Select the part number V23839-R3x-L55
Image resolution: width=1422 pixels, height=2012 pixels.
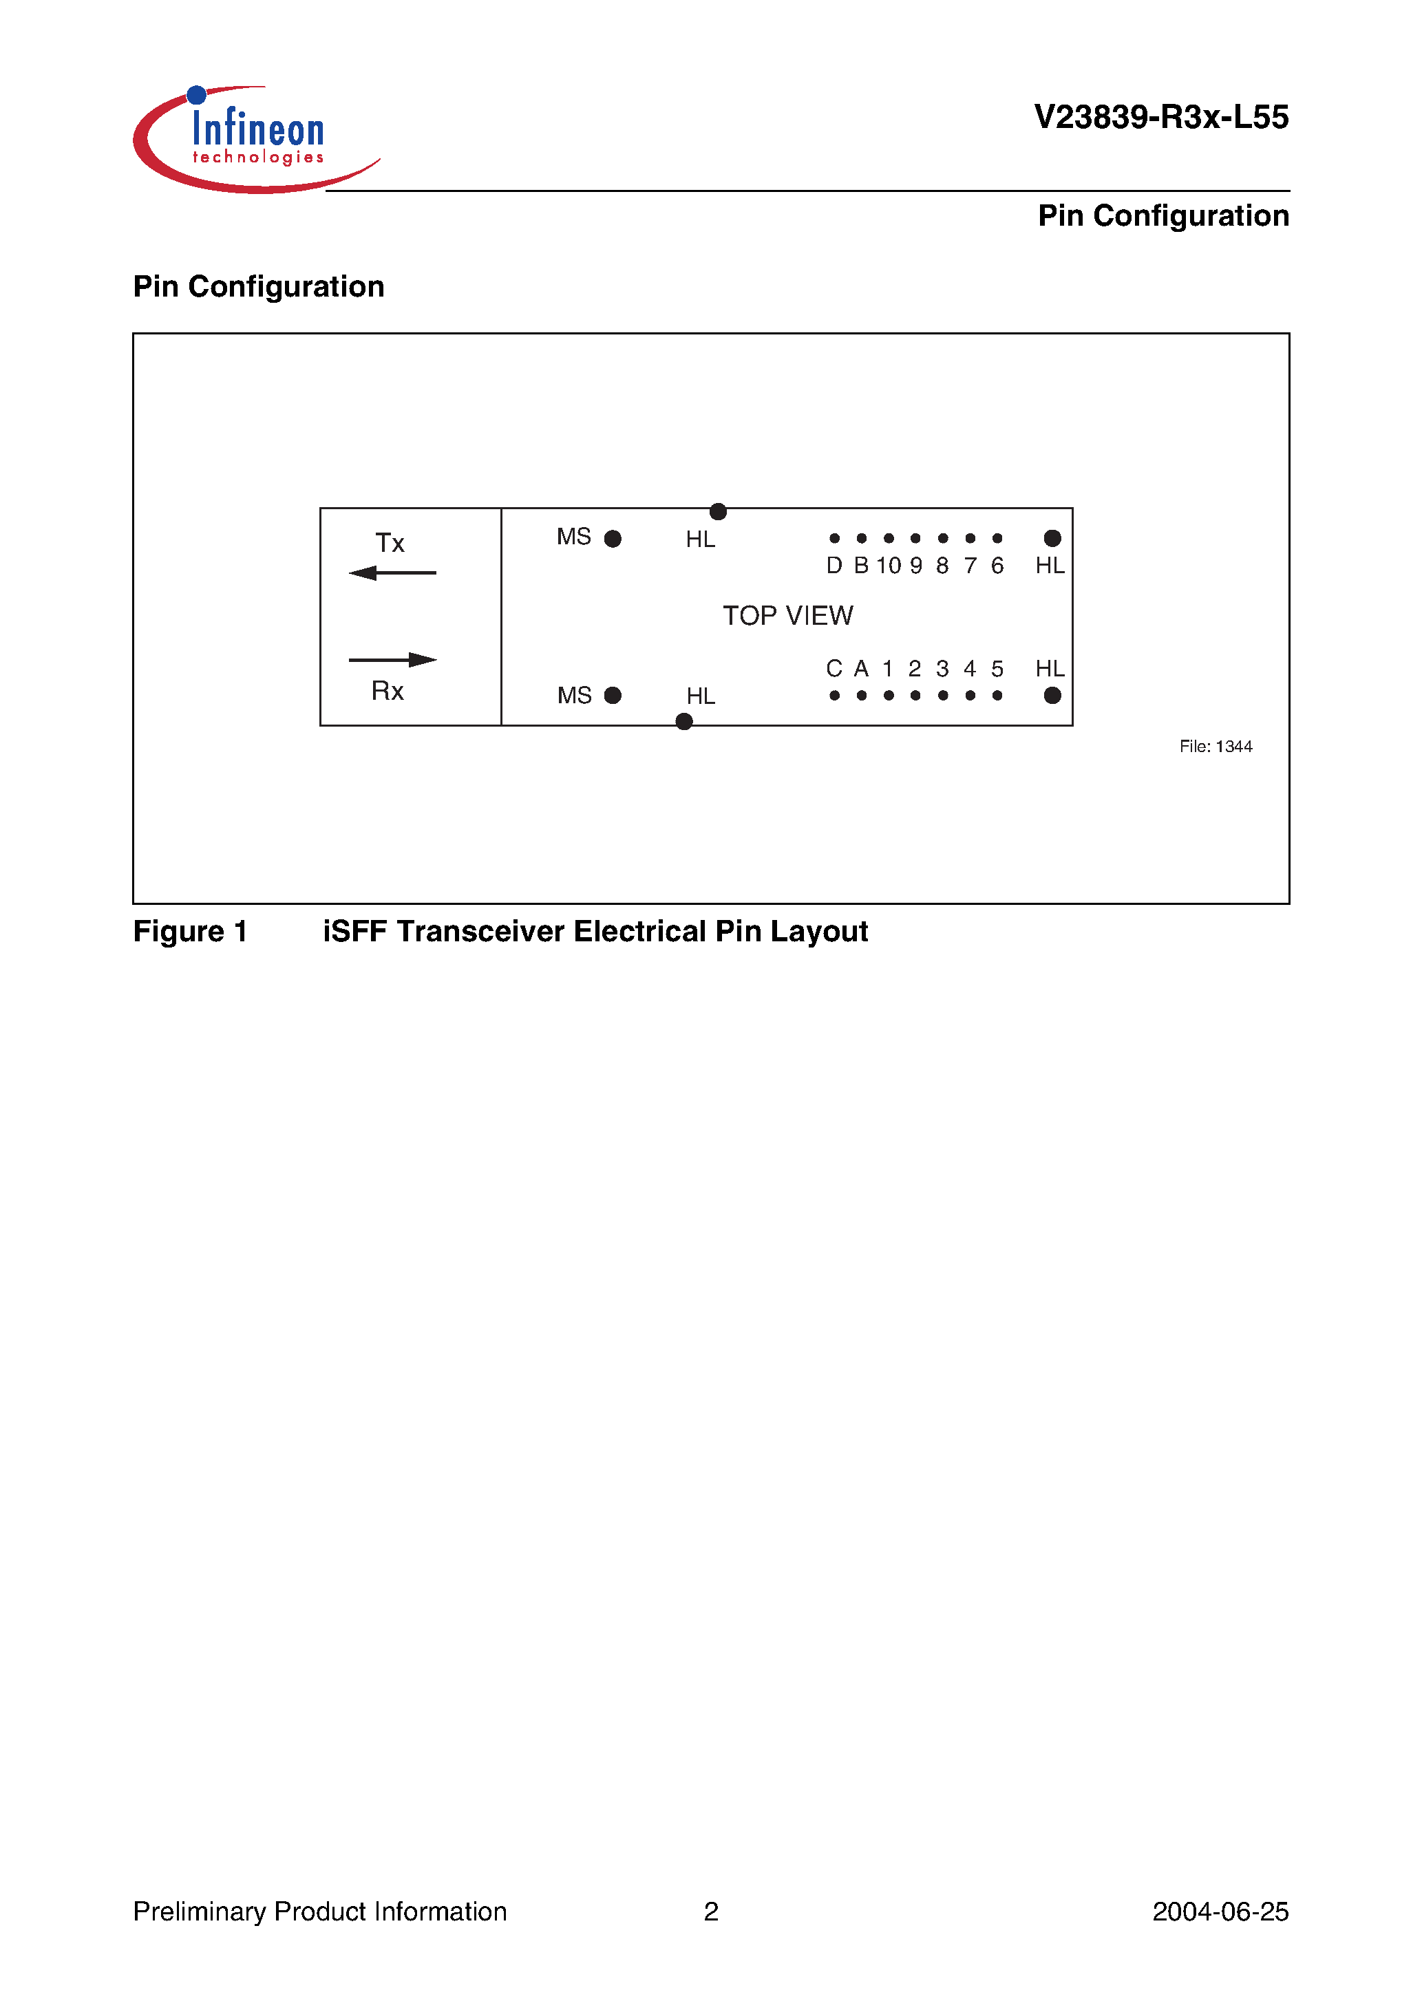pos(1160,118)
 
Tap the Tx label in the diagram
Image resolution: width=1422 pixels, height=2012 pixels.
pos(390,544)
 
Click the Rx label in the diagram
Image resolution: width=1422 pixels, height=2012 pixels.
pos(387,692)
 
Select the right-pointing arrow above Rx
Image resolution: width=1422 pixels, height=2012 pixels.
pos(393,660)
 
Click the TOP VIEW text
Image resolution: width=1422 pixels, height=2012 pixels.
pos(787,616)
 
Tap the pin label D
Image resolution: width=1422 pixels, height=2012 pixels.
pos(834,566)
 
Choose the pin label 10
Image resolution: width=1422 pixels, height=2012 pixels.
pos(888,566)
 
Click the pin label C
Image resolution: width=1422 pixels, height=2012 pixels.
pos(834,670)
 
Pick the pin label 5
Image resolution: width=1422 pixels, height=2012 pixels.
pos(997,670)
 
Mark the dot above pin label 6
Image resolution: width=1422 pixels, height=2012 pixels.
pos(997,538)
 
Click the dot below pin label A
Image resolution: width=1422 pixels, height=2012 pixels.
pos(862,696)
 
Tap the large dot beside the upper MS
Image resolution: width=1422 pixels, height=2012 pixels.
pos(613,539)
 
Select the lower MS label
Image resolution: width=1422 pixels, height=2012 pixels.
pos(574,696)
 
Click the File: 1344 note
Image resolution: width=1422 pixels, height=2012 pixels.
pos(1215,747)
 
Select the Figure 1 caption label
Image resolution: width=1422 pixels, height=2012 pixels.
pos(190,932)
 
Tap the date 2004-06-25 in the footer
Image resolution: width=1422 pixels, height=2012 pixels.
pos(1220,1912)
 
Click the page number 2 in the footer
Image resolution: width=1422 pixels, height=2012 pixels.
pos(711,1912)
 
